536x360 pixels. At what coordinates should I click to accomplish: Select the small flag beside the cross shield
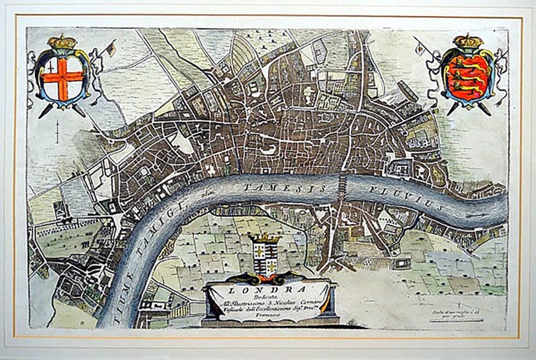tap(110, 49)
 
